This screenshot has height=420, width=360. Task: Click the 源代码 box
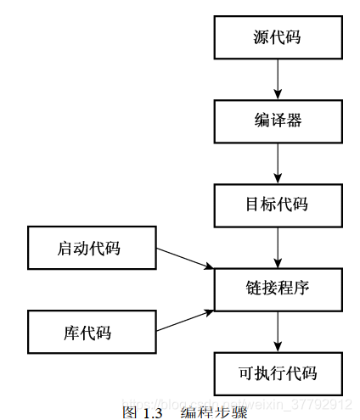pos(278,37)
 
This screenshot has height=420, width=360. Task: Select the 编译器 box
pos(278,120)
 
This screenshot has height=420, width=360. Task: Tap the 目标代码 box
pos(278,204)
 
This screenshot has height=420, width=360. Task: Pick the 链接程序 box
pos(278,288)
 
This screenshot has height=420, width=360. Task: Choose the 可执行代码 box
pos(278,372)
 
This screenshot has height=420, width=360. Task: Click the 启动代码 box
pos(92,248)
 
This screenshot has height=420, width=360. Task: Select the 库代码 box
pos(92,332)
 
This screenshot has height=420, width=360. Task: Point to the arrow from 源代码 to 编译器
pos(278,79)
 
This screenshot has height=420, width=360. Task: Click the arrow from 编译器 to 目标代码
pos(278,163)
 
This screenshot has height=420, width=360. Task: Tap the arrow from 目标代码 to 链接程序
pos(278,247)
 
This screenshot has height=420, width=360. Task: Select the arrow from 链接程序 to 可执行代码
pos(278,331)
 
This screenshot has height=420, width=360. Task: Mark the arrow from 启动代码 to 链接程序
pos(185,258)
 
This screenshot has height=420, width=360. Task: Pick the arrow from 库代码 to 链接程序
pos(185,321)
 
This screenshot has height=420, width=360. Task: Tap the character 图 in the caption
pos(129,412)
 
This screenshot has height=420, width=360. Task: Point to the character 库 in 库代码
pos(75,333)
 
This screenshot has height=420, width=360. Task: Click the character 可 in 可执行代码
pos(245,372)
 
